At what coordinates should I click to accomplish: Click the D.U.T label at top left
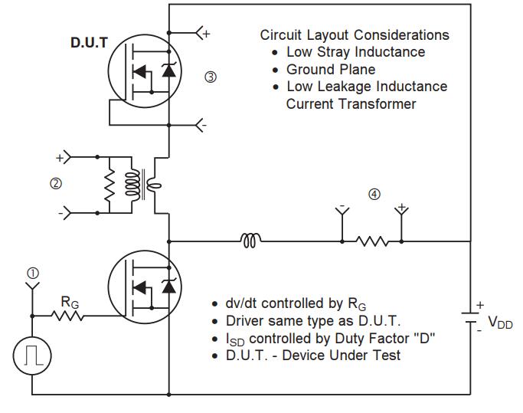coord(89,42)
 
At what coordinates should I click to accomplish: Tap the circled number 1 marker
coord(32,272)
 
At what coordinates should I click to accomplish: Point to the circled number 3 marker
coord(211,77)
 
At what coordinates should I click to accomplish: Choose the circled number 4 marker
coord(374,194)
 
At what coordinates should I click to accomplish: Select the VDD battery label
coord(502,324)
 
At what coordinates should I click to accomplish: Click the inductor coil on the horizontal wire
coord(250,241)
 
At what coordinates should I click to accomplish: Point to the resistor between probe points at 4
coord(371,241)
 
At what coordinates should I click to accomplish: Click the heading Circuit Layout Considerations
coord(355,36)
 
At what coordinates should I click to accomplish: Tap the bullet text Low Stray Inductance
coord(355,53)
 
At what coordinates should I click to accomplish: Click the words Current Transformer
coord(351,103)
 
